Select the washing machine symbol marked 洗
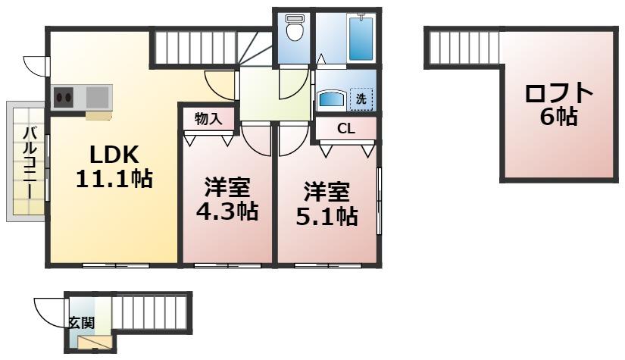[361, 99]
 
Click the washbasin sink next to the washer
[331, 99]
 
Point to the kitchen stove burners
[63, 97]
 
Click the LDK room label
[114, 155]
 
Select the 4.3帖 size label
[227, 211]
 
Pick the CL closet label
[345, 129]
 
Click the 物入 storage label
[208, 118]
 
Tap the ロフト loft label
[559, 93]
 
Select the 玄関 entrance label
[82, 321]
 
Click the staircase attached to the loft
[463, 47]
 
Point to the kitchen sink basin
[97, 97]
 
